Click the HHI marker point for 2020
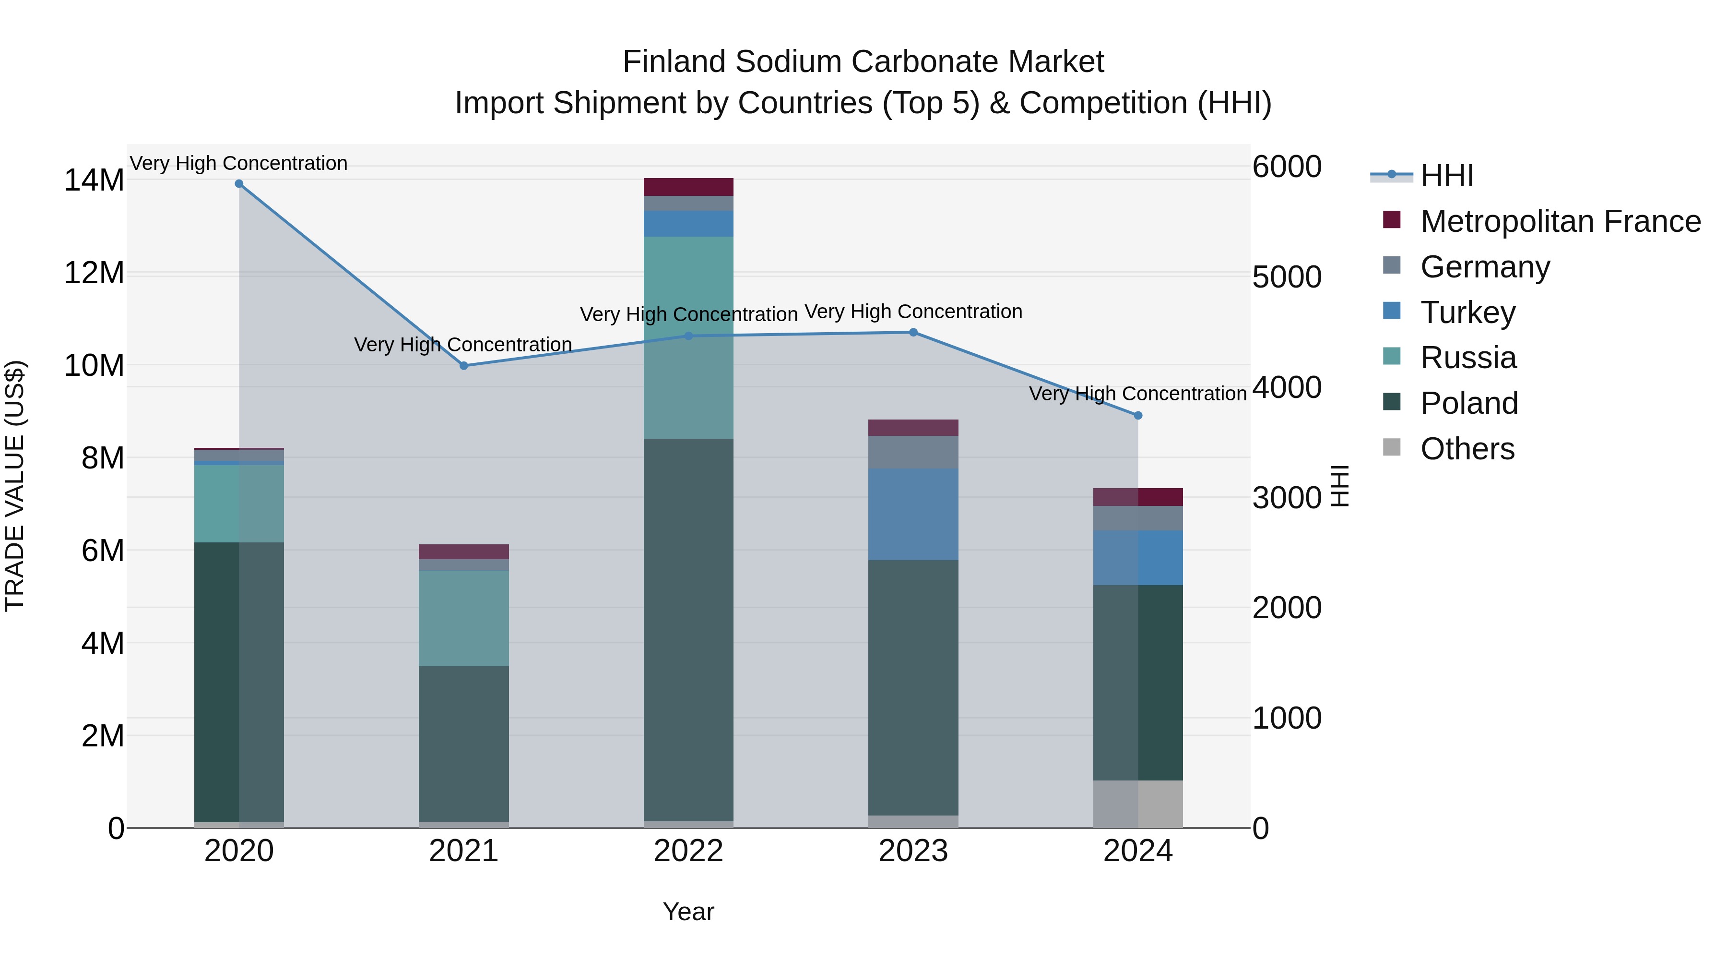[239, 184]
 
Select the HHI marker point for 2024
[1138, 416]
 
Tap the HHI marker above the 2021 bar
[463, 366]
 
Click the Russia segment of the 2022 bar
[688, 337]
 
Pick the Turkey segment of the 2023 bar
[913, 515]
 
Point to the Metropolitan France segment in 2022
[688, 187]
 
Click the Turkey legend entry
[1467, 312]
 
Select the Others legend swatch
[1392, 447]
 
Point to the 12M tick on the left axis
[94, 274]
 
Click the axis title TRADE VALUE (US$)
[15, 486]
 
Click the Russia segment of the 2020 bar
[239, 503]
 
